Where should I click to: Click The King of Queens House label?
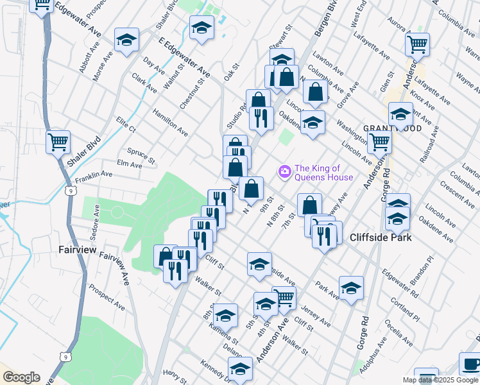pyautogui.click(x=323, y=173)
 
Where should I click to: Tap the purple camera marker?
pyautogui.click(x=284, y=171)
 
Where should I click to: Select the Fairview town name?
pyautogui.click(x=78, y=249)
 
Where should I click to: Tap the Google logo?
pyautogui.click(x=21, y=377)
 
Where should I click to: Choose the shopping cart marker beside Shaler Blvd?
pyautogui.click(x=58, y=141)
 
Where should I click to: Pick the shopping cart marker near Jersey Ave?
pyautogui.click(x=284, y=297)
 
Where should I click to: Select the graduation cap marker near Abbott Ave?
pyautogui.click(x=126, y=40)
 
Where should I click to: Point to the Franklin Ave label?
pyautogui.click(x=94, y=175)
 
